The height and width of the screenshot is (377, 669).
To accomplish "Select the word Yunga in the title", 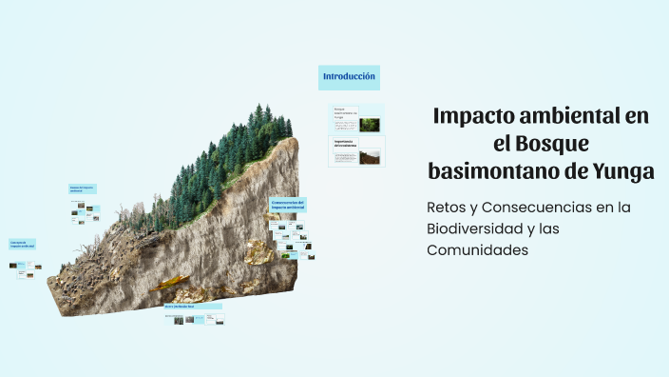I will [621, 171].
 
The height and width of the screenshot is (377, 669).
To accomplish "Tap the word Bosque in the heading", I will [556, 144].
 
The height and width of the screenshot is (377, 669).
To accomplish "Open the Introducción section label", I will [349, 76].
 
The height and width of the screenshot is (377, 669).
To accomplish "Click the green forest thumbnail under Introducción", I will [370, 124].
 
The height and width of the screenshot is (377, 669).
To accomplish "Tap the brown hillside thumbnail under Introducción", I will [370, 157].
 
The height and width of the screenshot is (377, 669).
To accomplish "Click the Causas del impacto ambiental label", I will [83, 189].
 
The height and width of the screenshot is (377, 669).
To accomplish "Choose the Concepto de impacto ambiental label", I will [22, 245].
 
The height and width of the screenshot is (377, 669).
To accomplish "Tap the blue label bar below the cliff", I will [193, 307].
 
